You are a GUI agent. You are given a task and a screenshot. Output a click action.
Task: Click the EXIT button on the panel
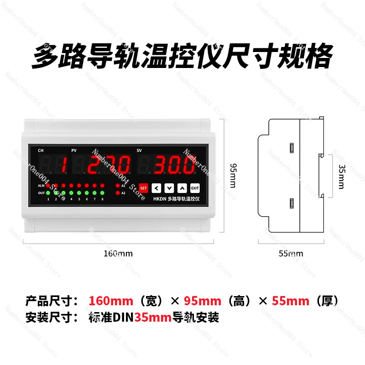pyautogui.click(x=195, y=188)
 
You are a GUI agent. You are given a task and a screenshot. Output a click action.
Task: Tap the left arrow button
pyautogui.click(x=156, y=188)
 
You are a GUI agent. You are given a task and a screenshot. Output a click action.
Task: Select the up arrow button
pyautogui.click(x=182, y=188)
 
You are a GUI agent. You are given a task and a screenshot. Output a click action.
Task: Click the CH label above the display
pyautogui.click(x=41, y=150)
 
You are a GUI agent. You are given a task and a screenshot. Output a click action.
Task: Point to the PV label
pyautogui.click(x=74, y=150)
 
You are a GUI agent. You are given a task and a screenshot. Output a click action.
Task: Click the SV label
pyautogui.click(x=140, y=150)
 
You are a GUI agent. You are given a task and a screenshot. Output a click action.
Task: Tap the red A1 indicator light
pyautogui.click(x=118, y=186)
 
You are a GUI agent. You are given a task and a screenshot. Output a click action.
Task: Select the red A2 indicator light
pyautogui.click(x=118, y=193)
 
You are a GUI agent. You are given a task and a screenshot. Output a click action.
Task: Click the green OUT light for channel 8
pyautogui.click(x=102, y=193)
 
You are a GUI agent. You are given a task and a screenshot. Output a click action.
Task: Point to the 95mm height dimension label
pyautogui.click(x=232, y=175)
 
